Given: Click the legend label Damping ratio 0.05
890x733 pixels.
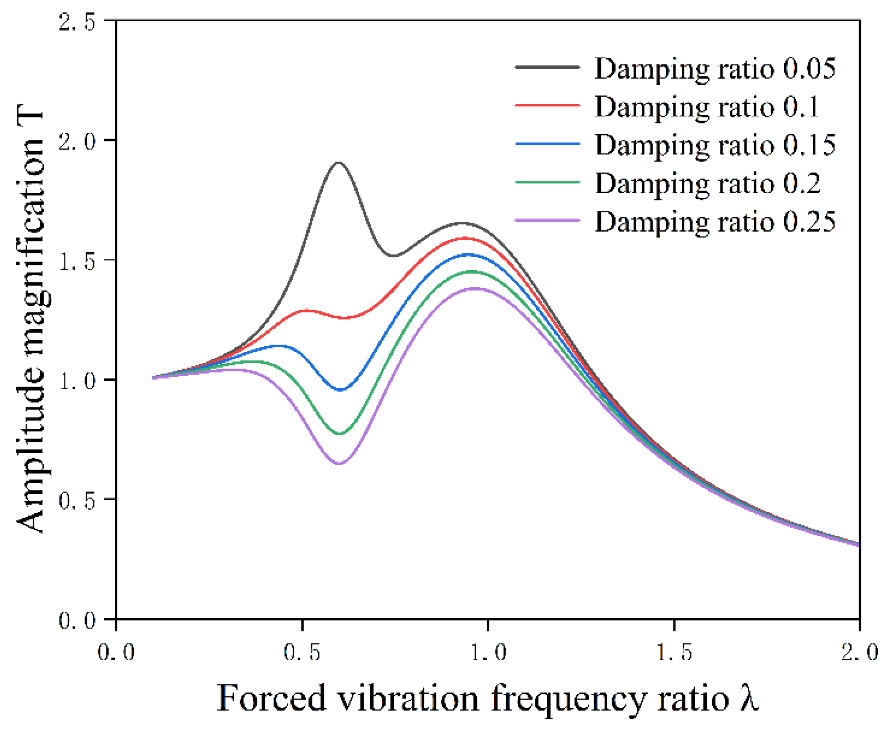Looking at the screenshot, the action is pyautogui.click(x=715, y=69).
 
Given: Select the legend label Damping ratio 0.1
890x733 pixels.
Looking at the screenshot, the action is pyautogui.click(x=706, y=107).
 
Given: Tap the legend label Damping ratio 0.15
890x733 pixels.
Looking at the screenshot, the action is pyautogui.click(x=715, y=145).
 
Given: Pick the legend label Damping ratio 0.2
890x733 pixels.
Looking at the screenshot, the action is pyautogui.click(x=707, y=184).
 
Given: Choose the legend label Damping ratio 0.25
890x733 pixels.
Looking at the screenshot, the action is pyautogui.click(x=715, y=222).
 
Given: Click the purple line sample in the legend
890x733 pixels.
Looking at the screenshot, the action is pyautogui.click(x=547, y=220).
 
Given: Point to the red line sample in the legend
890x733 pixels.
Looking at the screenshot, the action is pyautogui.click(x=547, y=105).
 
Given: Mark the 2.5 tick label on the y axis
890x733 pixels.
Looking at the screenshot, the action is pyautogui.click(x=77, y=21).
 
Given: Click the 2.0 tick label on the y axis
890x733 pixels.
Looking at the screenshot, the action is pyautogui.click(x=77, y=141).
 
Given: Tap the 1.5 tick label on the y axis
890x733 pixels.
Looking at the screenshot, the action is pyautogui.click(x=77, y=260).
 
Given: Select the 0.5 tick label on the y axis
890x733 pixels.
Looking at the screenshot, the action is pyautogui.click(x=77, y=500).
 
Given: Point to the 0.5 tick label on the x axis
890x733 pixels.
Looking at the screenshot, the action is pyautogui.click(x=302, y=652).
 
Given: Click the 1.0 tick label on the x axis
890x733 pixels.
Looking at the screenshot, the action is pyautogui.click(x=488, y=652).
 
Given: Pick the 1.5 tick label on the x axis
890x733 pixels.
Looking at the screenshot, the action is pyautogui.click(x=674, y=652).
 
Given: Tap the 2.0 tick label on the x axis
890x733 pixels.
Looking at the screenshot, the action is pyautogui.click(x=859, y=652).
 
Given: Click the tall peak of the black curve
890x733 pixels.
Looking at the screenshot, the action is pyautogui.click(x=338, y=163).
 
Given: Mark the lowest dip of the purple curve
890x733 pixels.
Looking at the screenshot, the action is pyautogui.click(x=339, y=463).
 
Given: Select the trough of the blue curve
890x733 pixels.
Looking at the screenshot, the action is pyautogui.click(x=340, y=390).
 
